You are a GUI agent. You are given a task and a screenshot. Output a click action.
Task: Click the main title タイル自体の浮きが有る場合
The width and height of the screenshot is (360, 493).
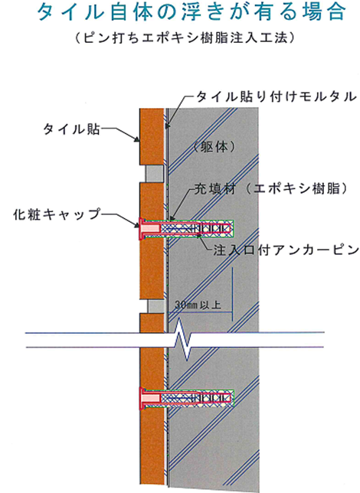click(x=191, y=12)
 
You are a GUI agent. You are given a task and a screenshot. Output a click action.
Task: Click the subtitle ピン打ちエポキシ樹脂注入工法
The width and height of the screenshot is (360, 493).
click(x=185, y=38)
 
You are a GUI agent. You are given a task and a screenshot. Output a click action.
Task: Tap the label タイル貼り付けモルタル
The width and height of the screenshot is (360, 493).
click(x=277, y=96)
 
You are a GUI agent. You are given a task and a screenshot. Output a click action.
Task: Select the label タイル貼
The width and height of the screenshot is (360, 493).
click(x=71, y=129)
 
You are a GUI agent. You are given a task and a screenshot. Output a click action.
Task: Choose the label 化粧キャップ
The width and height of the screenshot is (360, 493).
click(x=57, y=214)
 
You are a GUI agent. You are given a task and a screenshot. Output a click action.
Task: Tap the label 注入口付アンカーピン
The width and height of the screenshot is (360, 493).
click(x=286, y=250)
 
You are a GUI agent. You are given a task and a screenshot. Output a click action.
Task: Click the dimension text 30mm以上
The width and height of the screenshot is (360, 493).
click(x=198, y=305)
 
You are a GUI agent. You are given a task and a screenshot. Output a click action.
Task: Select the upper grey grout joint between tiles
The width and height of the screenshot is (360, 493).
click(x=154, y=174)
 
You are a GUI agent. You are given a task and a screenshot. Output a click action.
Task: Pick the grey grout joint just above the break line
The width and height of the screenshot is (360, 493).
click(x=155, y=306)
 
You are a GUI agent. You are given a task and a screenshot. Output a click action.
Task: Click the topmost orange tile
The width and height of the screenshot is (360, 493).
click(x=152, y=136)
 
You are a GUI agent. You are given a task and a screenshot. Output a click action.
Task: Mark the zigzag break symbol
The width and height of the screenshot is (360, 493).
click(x=184, y=340)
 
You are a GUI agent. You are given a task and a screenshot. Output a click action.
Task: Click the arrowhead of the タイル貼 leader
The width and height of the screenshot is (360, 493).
click(x=138, y=140)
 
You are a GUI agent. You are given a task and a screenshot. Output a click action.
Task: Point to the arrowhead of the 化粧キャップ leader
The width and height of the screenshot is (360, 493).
click(x=137, y=225)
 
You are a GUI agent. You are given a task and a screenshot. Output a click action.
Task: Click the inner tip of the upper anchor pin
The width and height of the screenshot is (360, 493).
click(x=233, y=229)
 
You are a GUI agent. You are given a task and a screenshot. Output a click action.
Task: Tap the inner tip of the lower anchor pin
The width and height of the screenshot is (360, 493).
click(x=233, y=399)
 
